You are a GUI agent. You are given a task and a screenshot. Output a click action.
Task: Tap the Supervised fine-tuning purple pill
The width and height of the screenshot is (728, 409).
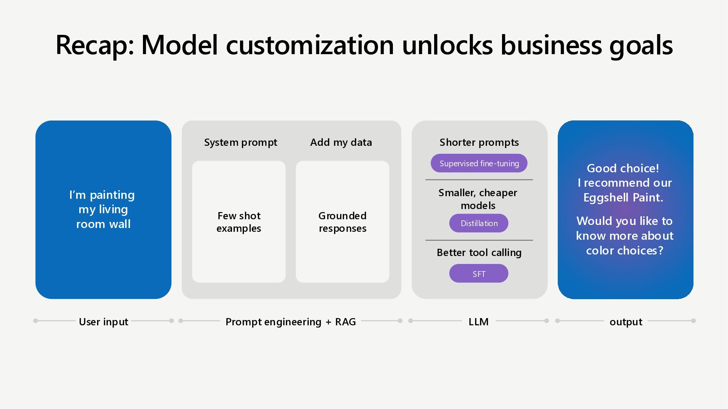(479, 163)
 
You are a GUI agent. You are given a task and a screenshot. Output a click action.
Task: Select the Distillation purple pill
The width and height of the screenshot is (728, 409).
(479, 223)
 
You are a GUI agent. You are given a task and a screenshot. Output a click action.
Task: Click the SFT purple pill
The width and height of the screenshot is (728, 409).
(479, 273)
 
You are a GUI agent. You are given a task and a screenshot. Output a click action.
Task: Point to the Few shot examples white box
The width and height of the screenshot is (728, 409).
(239, 222)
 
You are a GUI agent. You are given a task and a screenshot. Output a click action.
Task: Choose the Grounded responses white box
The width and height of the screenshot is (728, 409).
(342, 222)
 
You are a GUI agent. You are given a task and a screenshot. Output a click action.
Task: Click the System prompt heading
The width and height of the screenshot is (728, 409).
(241, 142)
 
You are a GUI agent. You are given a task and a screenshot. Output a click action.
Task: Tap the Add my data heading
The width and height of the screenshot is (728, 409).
(341, 142)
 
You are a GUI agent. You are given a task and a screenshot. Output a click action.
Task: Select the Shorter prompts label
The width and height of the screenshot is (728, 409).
(479, 142)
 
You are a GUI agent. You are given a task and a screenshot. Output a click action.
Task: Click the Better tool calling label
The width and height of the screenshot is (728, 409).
(479, 253)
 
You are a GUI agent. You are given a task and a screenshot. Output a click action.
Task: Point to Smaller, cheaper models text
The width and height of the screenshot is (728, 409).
(478, 199)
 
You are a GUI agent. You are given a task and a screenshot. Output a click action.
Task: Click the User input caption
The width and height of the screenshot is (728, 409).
(104, 322)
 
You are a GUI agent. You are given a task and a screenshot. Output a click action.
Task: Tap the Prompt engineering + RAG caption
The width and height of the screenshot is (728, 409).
(291, 322)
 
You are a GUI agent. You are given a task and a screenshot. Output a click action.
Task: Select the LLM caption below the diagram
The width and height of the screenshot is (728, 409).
(479, 322)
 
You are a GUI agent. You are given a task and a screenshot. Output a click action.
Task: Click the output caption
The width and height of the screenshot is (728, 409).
(626, 322)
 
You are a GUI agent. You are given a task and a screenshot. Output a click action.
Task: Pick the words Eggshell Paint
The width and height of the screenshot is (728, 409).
(623, 198)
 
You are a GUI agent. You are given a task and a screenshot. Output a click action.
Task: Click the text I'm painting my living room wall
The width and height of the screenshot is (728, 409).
(102, 209)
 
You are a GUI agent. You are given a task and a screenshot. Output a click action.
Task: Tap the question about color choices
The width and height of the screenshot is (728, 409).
(625, 236)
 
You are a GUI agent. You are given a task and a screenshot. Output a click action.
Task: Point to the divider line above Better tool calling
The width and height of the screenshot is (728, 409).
(479, 240)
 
